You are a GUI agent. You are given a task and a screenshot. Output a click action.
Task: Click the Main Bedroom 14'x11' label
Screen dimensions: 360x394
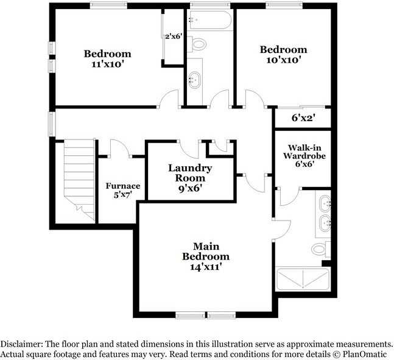click(206, 256)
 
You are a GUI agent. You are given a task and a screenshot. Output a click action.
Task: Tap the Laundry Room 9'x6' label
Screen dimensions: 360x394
click(189, 178)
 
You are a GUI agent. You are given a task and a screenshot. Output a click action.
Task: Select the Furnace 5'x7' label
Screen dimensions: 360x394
click(122, 190)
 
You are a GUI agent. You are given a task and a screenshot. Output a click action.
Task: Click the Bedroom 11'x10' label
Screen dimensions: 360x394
click(107, 57)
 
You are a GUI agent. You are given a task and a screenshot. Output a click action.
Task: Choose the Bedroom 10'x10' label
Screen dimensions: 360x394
click(283, 54)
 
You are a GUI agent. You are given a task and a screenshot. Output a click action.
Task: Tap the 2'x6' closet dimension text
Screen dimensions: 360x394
click(174, 36)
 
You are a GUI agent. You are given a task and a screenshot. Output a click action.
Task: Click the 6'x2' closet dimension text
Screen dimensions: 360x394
click(303, 118)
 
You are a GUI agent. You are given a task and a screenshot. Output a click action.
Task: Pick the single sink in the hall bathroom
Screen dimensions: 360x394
click(195, 79)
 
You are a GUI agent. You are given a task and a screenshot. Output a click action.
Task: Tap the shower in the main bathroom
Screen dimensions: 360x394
click(303, 278)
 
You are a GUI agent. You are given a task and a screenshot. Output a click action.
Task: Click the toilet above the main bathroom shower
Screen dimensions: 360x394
click(320, 249)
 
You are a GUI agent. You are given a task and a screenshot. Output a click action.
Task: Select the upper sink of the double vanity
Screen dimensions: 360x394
click(325, 202)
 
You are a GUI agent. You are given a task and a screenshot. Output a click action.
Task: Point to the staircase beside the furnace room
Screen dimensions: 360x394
click(79, 178)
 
